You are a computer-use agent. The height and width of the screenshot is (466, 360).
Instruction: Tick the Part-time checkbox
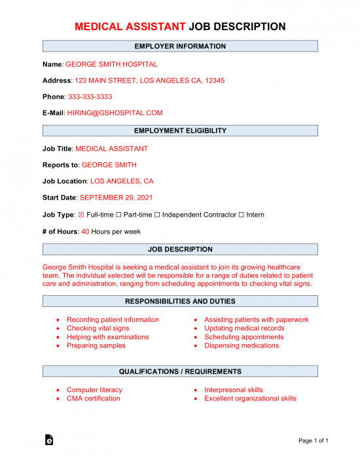119,215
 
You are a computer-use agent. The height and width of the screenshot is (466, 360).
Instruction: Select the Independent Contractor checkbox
158,215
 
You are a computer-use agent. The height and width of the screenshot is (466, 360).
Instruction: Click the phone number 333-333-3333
90,97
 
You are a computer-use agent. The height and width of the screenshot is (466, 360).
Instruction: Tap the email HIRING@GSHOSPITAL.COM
115,113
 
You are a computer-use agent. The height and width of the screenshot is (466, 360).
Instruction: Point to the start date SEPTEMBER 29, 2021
117,197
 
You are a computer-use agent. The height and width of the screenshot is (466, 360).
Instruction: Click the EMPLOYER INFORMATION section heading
180,46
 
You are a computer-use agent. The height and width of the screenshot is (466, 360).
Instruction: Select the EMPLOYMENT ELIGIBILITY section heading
180,131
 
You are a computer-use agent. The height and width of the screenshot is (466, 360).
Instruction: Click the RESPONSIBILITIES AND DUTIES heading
180,301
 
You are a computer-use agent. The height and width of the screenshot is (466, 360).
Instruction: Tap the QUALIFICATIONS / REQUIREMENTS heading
180,372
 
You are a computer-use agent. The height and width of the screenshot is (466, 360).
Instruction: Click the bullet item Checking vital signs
98,329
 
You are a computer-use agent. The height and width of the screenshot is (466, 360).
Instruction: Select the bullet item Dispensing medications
242,346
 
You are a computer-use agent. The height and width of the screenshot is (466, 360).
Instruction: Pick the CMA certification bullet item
94,399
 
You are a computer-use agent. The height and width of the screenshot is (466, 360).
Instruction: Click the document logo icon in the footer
49,440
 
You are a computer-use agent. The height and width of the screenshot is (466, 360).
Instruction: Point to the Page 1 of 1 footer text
313,441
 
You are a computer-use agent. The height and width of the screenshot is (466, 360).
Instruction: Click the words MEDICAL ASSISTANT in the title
130,27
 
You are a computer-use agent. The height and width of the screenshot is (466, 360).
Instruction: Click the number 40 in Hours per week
85,231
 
